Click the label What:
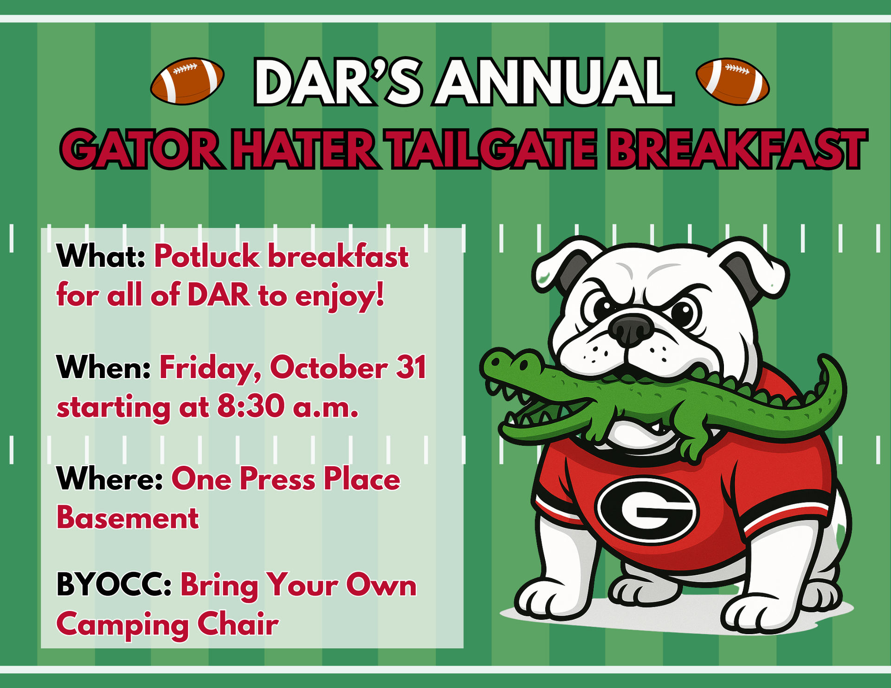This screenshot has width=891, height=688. (x=101, y=256)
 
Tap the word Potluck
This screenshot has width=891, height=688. (x=207, y=256)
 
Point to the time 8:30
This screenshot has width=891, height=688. (x=251, y=407)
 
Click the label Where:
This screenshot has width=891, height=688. (x=110, y=479)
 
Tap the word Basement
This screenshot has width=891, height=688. (x=128, y=518)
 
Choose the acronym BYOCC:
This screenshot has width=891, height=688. (x=114, y=585)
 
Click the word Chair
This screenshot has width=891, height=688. (x=238, y=624)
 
